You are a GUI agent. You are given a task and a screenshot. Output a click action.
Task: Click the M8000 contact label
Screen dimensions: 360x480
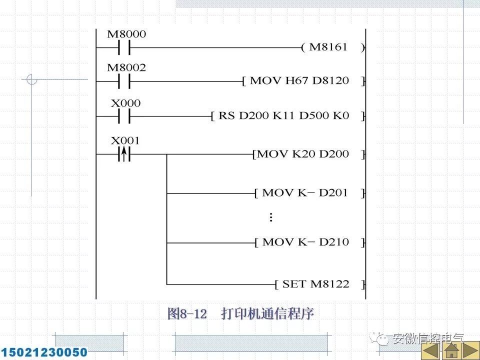point(127,34)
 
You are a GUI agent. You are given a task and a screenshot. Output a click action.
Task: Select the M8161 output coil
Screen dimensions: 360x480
point(333,47)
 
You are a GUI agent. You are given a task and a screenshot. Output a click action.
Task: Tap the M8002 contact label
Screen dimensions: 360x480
point(127,67)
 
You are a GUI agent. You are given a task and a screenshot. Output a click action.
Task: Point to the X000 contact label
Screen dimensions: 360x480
point(126,103)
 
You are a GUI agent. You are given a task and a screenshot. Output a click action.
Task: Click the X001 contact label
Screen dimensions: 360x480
point(125,140)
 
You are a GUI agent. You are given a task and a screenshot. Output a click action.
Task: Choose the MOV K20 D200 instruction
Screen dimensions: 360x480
point(309,154)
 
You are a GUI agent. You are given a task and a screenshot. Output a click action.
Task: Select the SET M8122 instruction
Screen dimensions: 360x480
point(320,284)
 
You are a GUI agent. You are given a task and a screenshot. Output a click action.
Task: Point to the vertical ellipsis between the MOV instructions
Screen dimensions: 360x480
point(270,217)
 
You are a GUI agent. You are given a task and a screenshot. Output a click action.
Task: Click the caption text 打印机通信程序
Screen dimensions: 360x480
point(267,314)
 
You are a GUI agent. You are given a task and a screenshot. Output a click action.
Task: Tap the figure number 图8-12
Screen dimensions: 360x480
point(187,314)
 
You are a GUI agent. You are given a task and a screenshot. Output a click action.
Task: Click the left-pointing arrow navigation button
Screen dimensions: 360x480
point(430,350)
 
